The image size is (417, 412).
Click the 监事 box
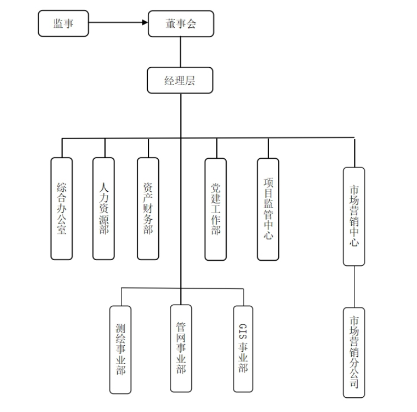(x=63, y=23)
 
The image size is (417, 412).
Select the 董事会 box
(x=181, y=24)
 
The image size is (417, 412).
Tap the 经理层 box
(x=180, y=80)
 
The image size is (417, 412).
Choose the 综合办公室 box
(x=62, y=209)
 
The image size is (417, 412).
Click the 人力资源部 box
(x=104, y=209)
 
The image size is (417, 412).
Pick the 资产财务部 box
(x=148, y=209)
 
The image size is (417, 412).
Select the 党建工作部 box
(x=216, y=209)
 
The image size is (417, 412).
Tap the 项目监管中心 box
(x=268, y=209)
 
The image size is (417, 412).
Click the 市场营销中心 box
(x=354, y=216)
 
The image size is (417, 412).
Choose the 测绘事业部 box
(x=121, y=349)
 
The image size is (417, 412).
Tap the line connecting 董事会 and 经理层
(x=180, y=52)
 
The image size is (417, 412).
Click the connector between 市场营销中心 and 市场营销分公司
(x=354, y=287)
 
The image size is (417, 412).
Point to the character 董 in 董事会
(x=170, y=24)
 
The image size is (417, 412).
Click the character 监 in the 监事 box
(x=58, y=23)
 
